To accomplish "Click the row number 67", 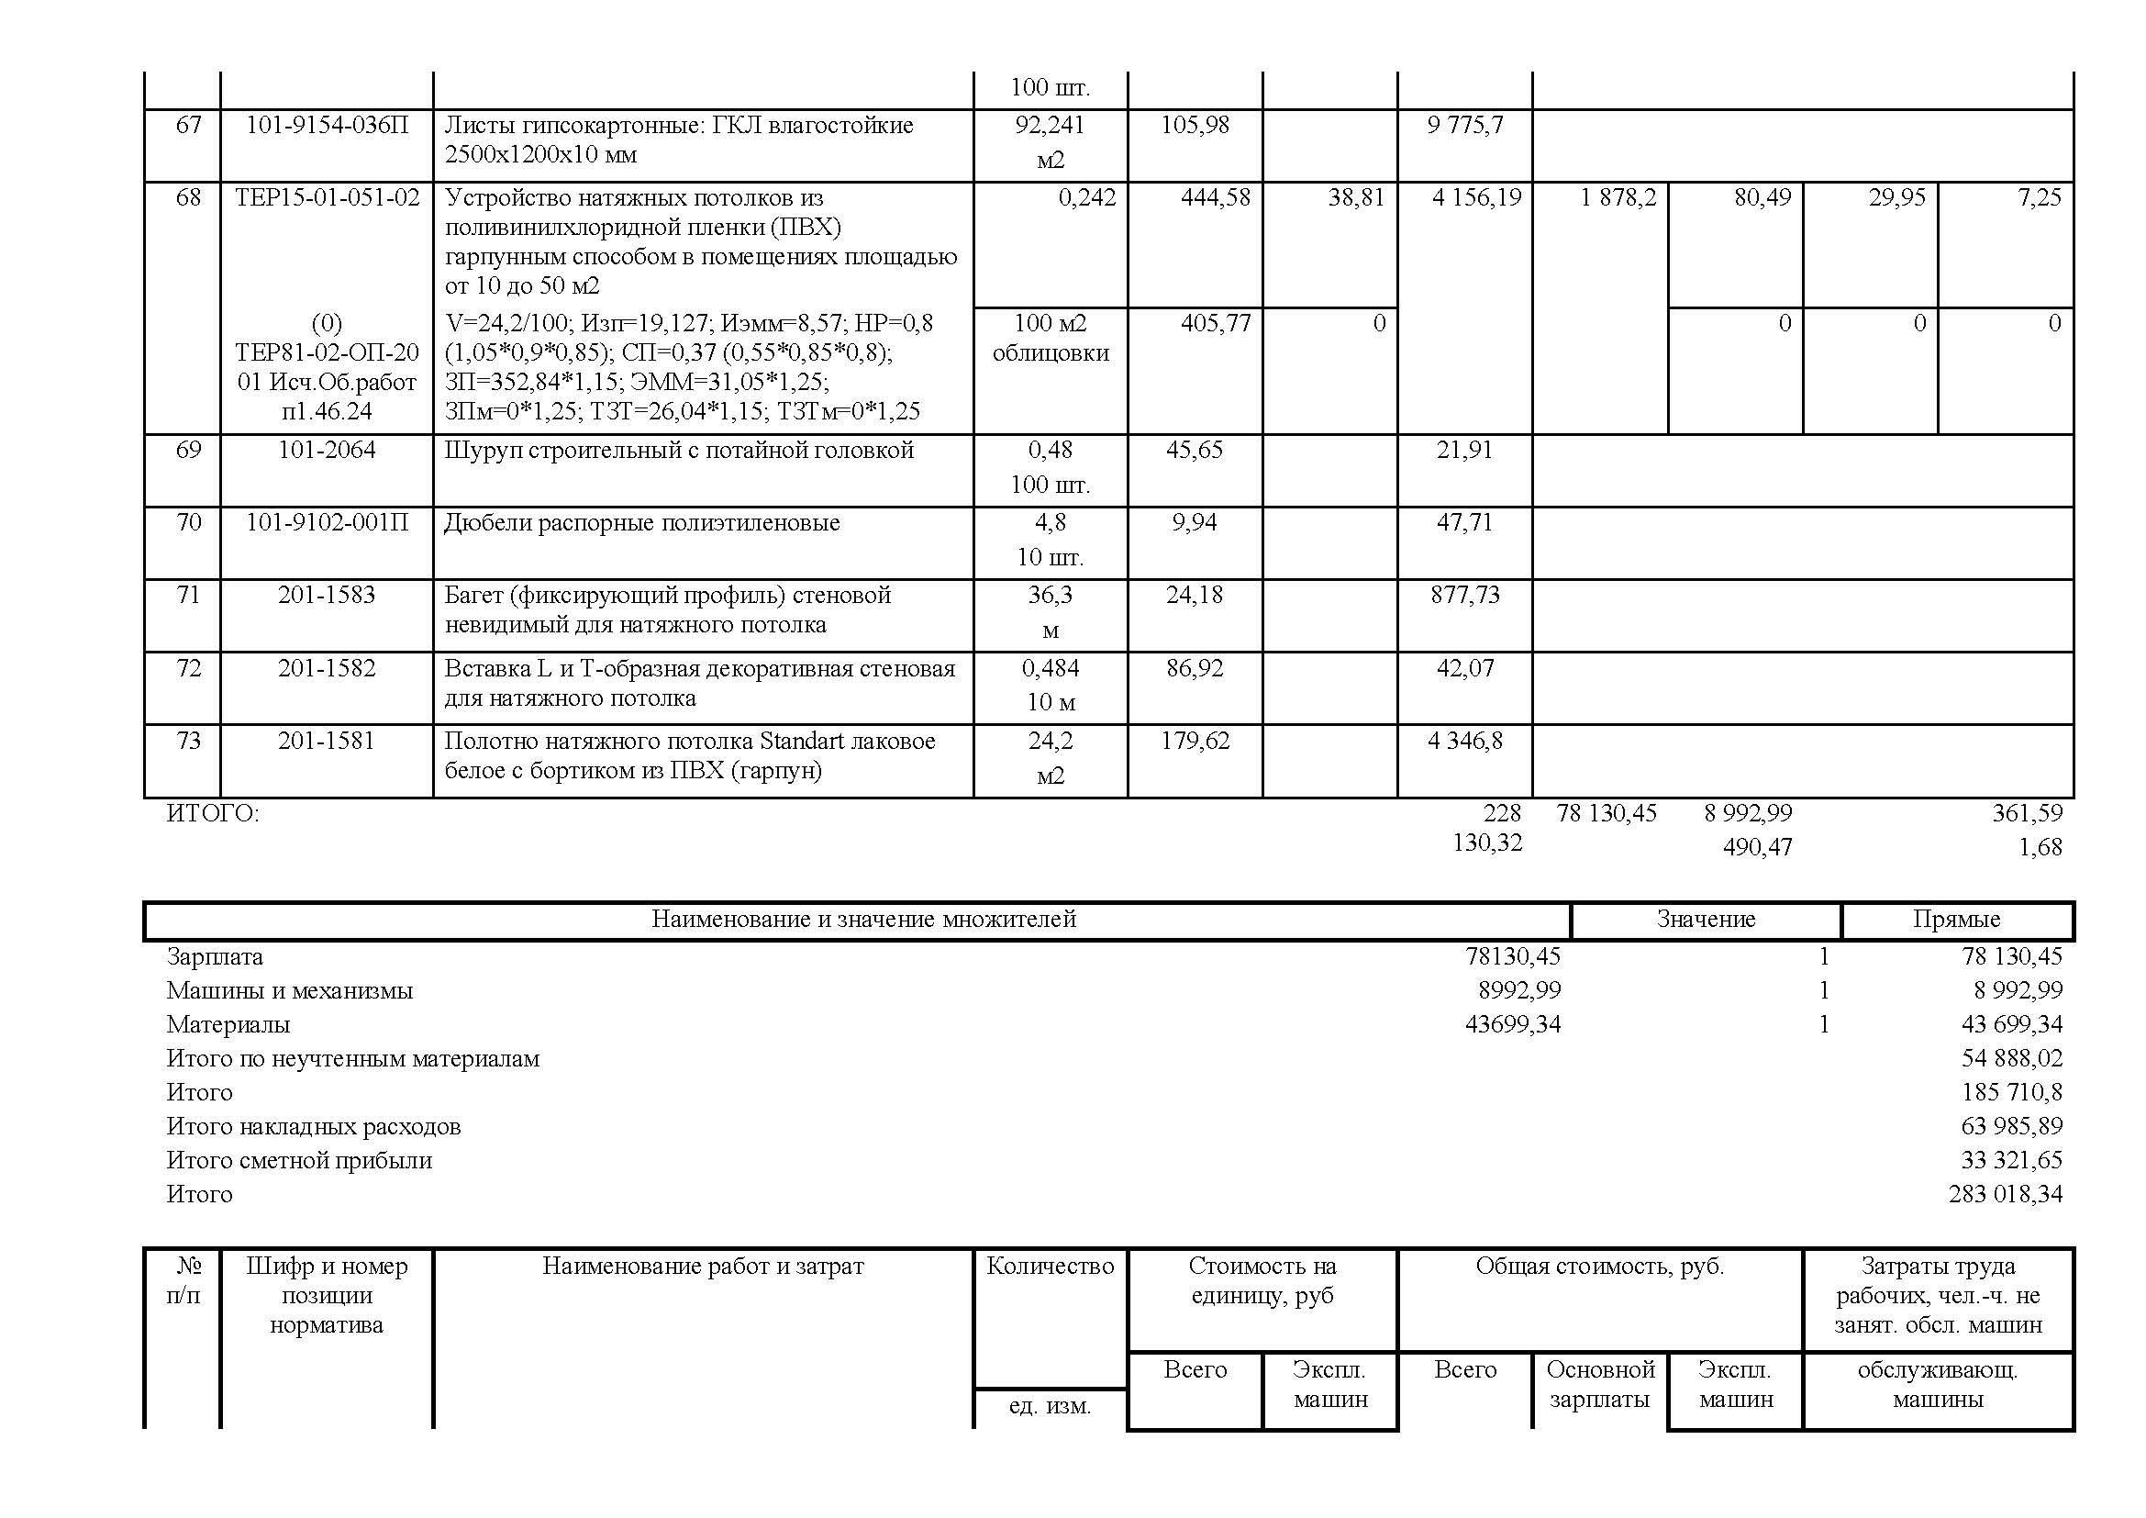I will (x=188, y=124).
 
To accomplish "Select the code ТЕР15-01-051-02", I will (x=328, y=197).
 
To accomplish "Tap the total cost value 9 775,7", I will (x=1464, y=124).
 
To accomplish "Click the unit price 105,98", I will (x=1195, y=124).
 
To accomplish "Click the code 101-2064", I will (x=327, y=450).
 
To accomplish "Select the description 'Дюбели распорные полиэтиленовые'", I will (x=641, y=522).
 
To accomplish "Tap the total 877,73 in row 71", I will (x=1464, y=595).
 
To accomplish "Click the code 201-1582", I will (x=327, y=667).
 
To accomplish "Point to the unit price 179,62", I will (x=1195, y=741).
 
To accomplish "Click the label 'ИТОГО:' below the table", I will (x=212, y=813).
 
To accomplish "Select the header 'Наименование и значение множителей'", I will (x=862, y=919).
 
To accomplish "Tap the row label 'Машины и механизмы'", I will (x=290, y=990).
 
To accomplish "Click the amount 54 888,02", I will (x=2011, y=1058).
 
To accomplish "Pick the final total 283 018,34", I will (x=2005, y=1194).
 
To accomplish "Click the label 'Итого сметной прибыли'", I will (x=299, y=1160).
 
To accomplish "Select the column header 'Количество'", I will (x=1050, y=1266).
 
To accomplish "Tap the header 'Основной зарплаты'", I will (x=1600, y=1384).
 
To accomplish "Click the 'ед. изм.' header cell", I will (x=1050, y=1406).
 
